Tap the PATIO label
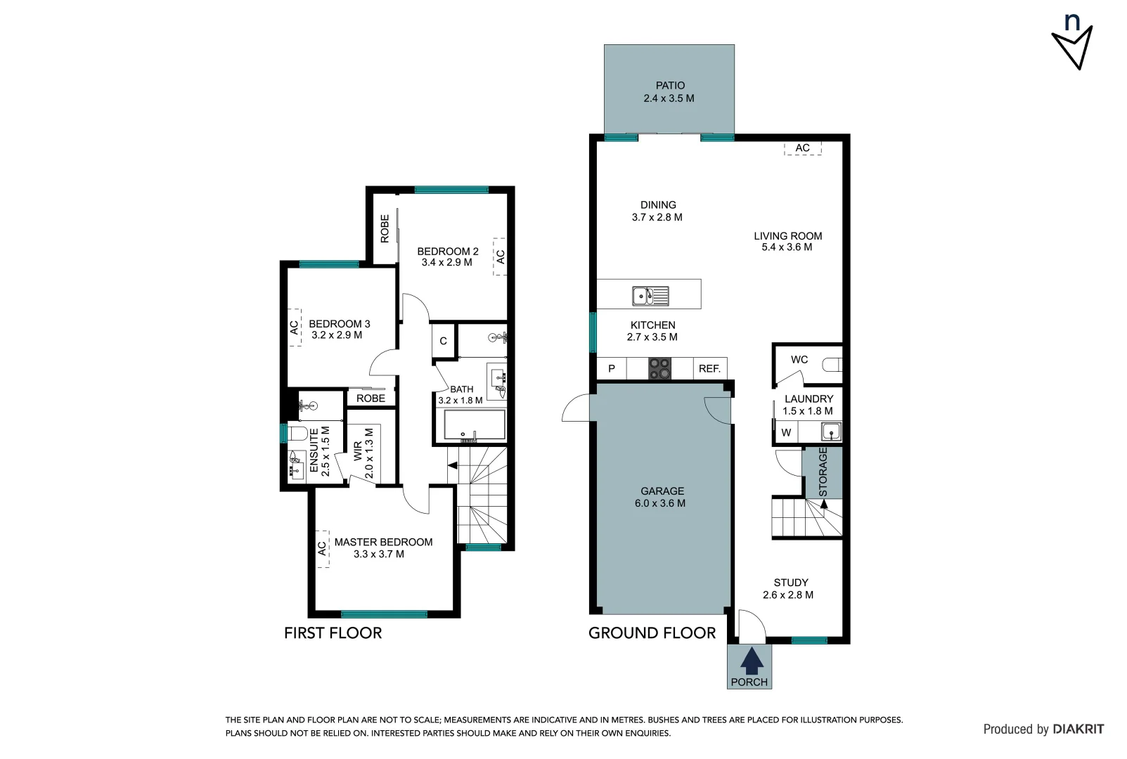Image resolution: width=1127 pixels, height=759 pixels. (670, 86)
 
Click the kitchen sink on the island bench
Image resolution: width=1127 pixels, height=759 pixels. (650, 296)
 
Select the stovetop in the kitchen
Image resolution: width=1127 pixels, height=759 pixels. (659, 368)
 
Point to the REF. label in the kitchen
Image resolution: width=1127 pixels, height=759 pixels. (709, 369)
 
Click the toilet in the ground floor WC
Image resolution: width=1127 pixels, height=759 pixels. (832, 365)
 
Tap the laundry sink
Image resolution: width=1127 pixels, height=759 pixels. (830, 432)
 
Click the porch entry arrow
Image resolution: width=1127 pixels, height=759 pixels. (752, 661)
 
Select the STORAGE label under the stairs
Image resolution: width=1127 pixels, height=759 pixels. (823, 472)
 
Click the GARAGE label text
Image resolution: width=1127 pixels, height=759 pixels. (662, 491)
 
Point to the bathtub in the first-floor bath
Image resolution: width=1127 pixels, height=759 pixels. (474, 425)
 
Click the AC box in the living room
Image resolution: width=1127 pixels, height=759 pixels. (803, 148)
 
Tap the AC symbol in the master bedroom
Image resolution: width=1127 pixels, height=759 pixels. (323, 548)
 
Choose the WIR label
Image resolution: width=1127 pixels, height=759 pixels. (358, 450)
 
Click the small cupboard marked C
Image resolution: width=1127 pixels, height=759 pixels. (443, 342)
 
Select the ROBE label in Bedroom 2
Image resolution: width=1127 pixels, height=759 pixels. (385, 229)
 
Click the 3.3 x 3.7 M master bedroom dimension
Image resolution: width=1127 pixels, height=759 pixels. (378, 554)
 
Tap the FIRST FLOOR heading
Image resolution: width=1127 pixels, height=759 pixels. (333, 633)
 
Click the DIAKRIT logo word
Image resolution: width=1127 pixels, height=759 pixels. (1078, 729)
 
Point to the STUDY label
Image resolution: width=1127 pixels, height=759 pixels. (790, 583)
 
